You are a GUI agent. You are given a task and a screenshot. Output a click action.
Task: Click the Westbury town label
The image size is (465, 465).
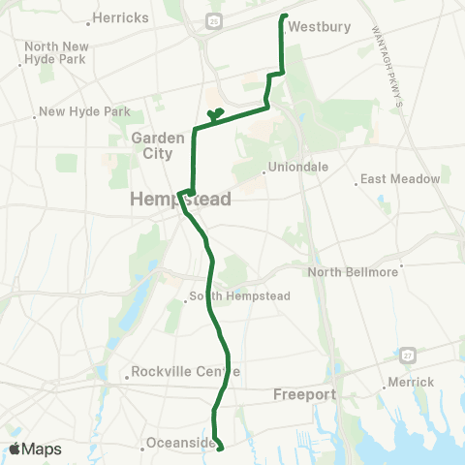[x=319, y=27]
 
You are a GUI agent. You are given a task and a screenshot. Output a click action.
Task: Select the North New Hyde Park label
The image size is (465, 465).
[x=57, y=52]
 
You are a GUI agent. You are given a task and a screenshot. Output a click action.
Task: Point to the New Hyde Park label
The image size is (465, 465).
[x=84, y=112]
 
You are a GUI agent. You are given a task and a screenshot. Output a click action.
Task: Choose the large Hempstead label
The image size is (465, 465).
[x=180, y=200]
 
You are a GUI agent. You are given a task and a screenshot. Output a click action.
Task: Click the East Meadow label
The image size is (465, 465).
[x=400, y=179]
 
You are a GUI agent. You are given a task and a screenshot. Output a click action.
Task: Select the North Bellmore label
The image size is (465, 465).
[x=354, y=272]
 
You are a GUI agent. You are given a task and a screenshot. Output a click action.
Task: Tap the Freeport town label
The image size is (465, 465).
[x=303, y=394]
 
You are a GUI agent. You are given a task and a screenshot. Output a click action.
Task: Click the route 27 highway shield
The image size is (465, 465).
[x=412, y=355]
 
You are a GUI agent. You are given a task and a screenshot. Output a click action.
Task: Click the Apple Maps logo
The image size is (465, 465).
[x=37, y=449]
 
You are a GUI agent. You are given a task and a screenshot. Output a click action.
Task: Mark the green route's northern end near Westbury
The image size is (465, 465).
[x=285, y=15]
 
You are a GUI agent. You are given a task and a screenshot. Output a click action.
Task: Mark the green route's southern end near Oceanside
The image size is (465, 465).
[x=221, y=449]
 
